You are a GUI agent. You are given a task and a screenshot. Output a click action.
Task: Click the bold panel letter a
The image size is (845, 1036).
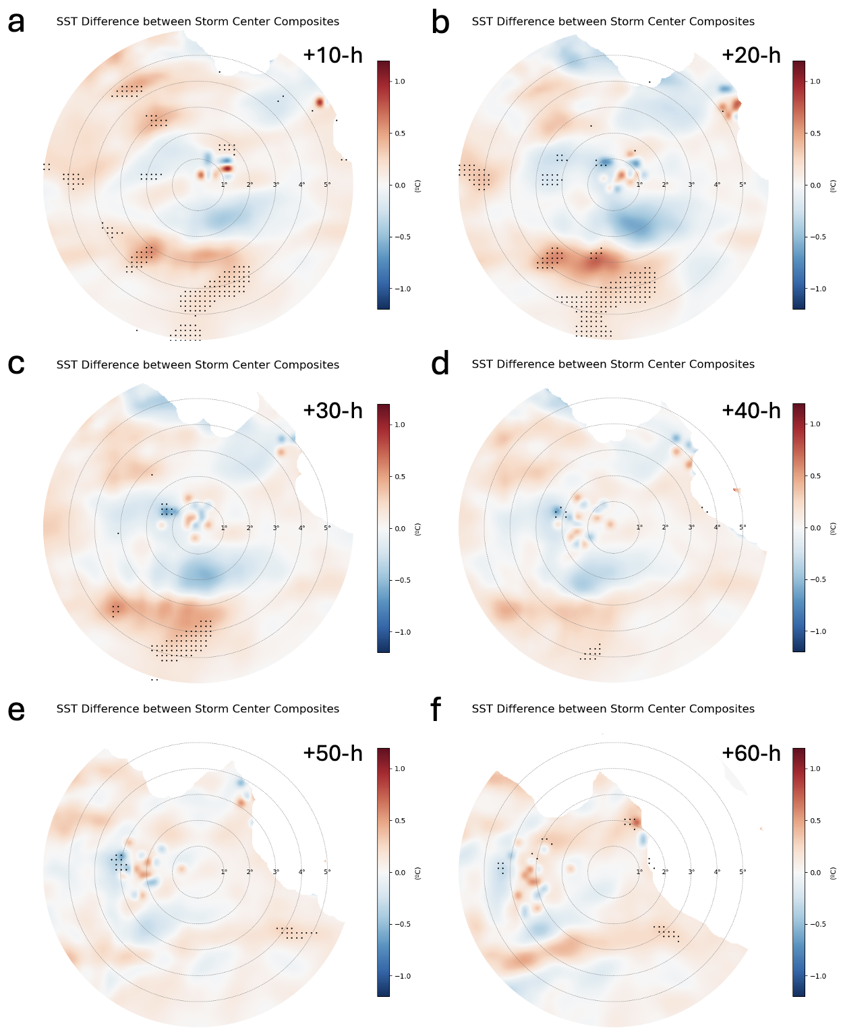16,22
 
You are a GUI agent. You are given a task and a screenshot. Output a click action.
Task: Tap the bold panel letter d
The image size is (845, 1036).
440,364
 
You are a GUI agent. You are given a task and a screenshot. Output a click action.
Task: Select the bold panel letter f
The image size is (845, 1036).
436,710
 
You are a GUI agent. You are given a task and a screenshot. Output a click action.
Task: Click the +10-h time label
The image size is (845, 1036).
332,55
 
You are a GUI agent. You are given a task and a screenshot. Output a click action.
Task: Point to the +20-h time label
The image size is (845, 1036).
751,55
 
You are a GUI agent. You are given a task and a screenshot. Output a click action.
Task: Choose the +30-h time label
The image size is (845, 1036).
332,410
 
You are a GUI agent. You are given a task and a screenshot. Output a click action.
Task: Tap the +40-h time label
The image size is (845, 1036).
751,410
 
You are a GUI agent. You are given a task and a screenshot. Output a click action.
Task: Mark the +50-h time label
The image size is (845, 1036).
332,753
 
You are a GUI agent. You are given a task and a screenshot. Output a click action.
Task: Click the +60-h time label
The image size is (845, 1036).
751,753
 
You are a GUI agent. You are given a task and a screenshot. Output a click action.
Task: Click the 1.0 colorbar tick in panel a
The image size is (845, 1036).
399,82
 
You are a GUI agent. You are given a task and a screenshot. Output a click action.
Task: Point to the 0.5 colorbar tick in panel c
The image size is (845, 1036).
399,477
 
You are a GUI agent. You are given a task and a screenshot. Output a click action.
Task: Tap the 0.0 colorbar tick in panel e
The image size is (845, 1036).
399,873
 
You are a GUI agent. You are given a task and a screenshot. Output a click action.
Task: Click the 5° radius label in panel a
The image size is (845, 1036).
327,184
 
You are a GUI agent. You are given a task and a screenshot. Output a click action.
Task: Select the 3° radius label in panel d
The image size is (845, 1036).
691,527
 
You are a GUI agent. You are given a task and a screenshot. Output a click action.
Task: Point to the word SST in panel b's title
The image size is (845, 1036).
482,22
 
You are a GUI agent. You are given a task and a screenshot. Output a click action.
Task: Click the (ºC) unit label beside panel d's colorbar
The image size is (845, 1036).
834,528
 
